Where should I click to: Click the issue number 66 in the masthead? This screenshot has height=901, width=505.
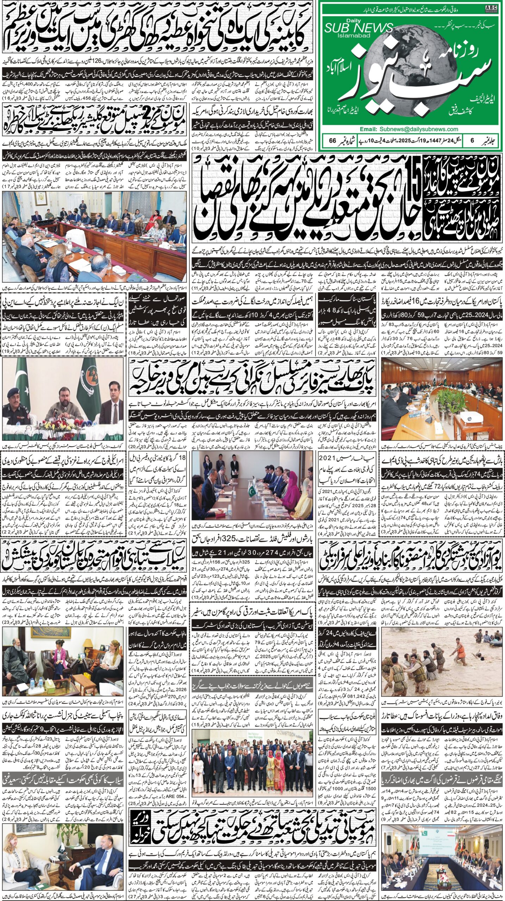tap(331, 140)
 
